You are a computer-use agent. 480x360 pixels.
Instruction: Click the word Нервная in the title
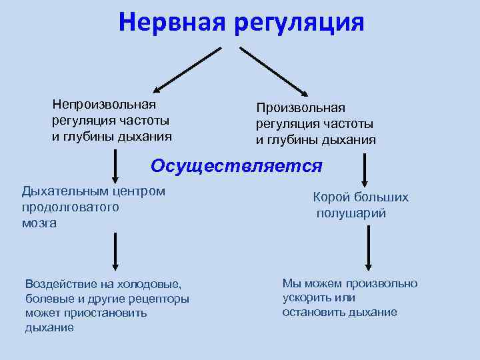coord(172,21)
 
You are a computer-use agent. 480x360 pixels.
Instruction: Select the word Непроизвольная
coord(105,104)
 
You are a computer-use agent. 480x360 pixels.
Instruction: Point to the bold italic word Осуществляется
coord(237,165)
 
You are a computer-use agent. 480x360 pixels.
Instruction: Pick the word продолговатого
coord(70,207)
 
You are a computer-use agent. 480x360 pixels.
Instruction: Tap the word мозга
coord(39,223)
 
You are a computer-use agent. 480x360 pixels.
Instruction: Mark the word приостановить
coord(88,313)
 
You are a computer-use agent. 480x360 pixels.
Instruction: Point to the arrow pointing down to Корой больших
coord(365,170)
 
